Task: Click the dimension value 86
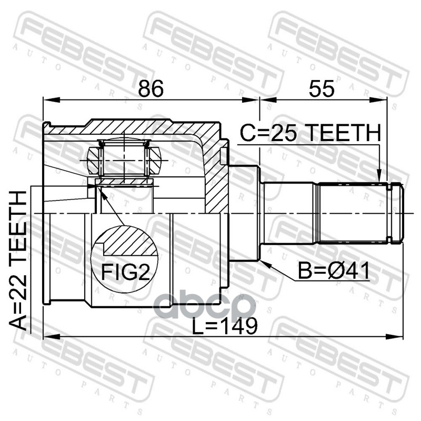point(151,88)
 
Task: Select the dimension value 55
point(322,88)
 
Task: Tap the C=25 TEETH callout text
point(310,133)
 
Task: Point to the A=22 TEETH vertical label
point(18,260)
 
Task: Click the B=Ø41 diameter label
point(334,271)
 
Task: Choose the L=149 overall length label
point(225,326)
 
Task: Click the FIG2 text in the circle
point(125,272)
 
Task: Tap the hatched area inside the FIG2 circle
point(128,241)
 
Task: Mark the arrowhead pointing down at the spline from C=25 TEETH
point(379,176)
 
